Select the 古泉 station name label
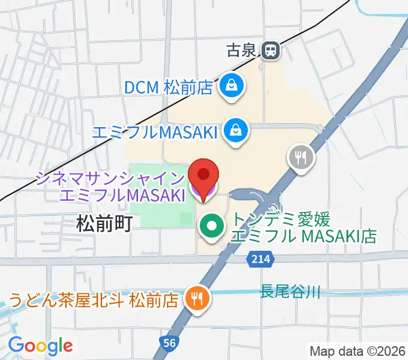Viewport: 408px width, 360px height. tap(241, 50)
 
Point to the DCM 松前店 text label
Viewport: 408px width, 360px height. tap(169, 88)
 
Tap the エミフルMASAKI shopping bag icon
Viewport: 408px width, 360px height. tap(235, 130)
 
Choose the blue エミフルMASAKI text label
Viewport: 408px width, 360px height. tap(155, 130)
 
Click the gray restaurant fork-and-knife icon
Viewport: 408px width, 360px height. tap(300, 158)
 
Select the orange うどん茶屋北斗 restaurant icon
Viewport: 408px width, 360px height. tap(196, 296)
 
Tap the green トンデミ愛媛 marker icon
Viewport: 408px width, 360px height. tap(211, 226)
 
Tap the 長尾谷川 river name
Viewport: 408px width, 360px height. tap(290, 292)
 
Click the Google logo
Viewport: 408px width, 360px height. tap(40, 346)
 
